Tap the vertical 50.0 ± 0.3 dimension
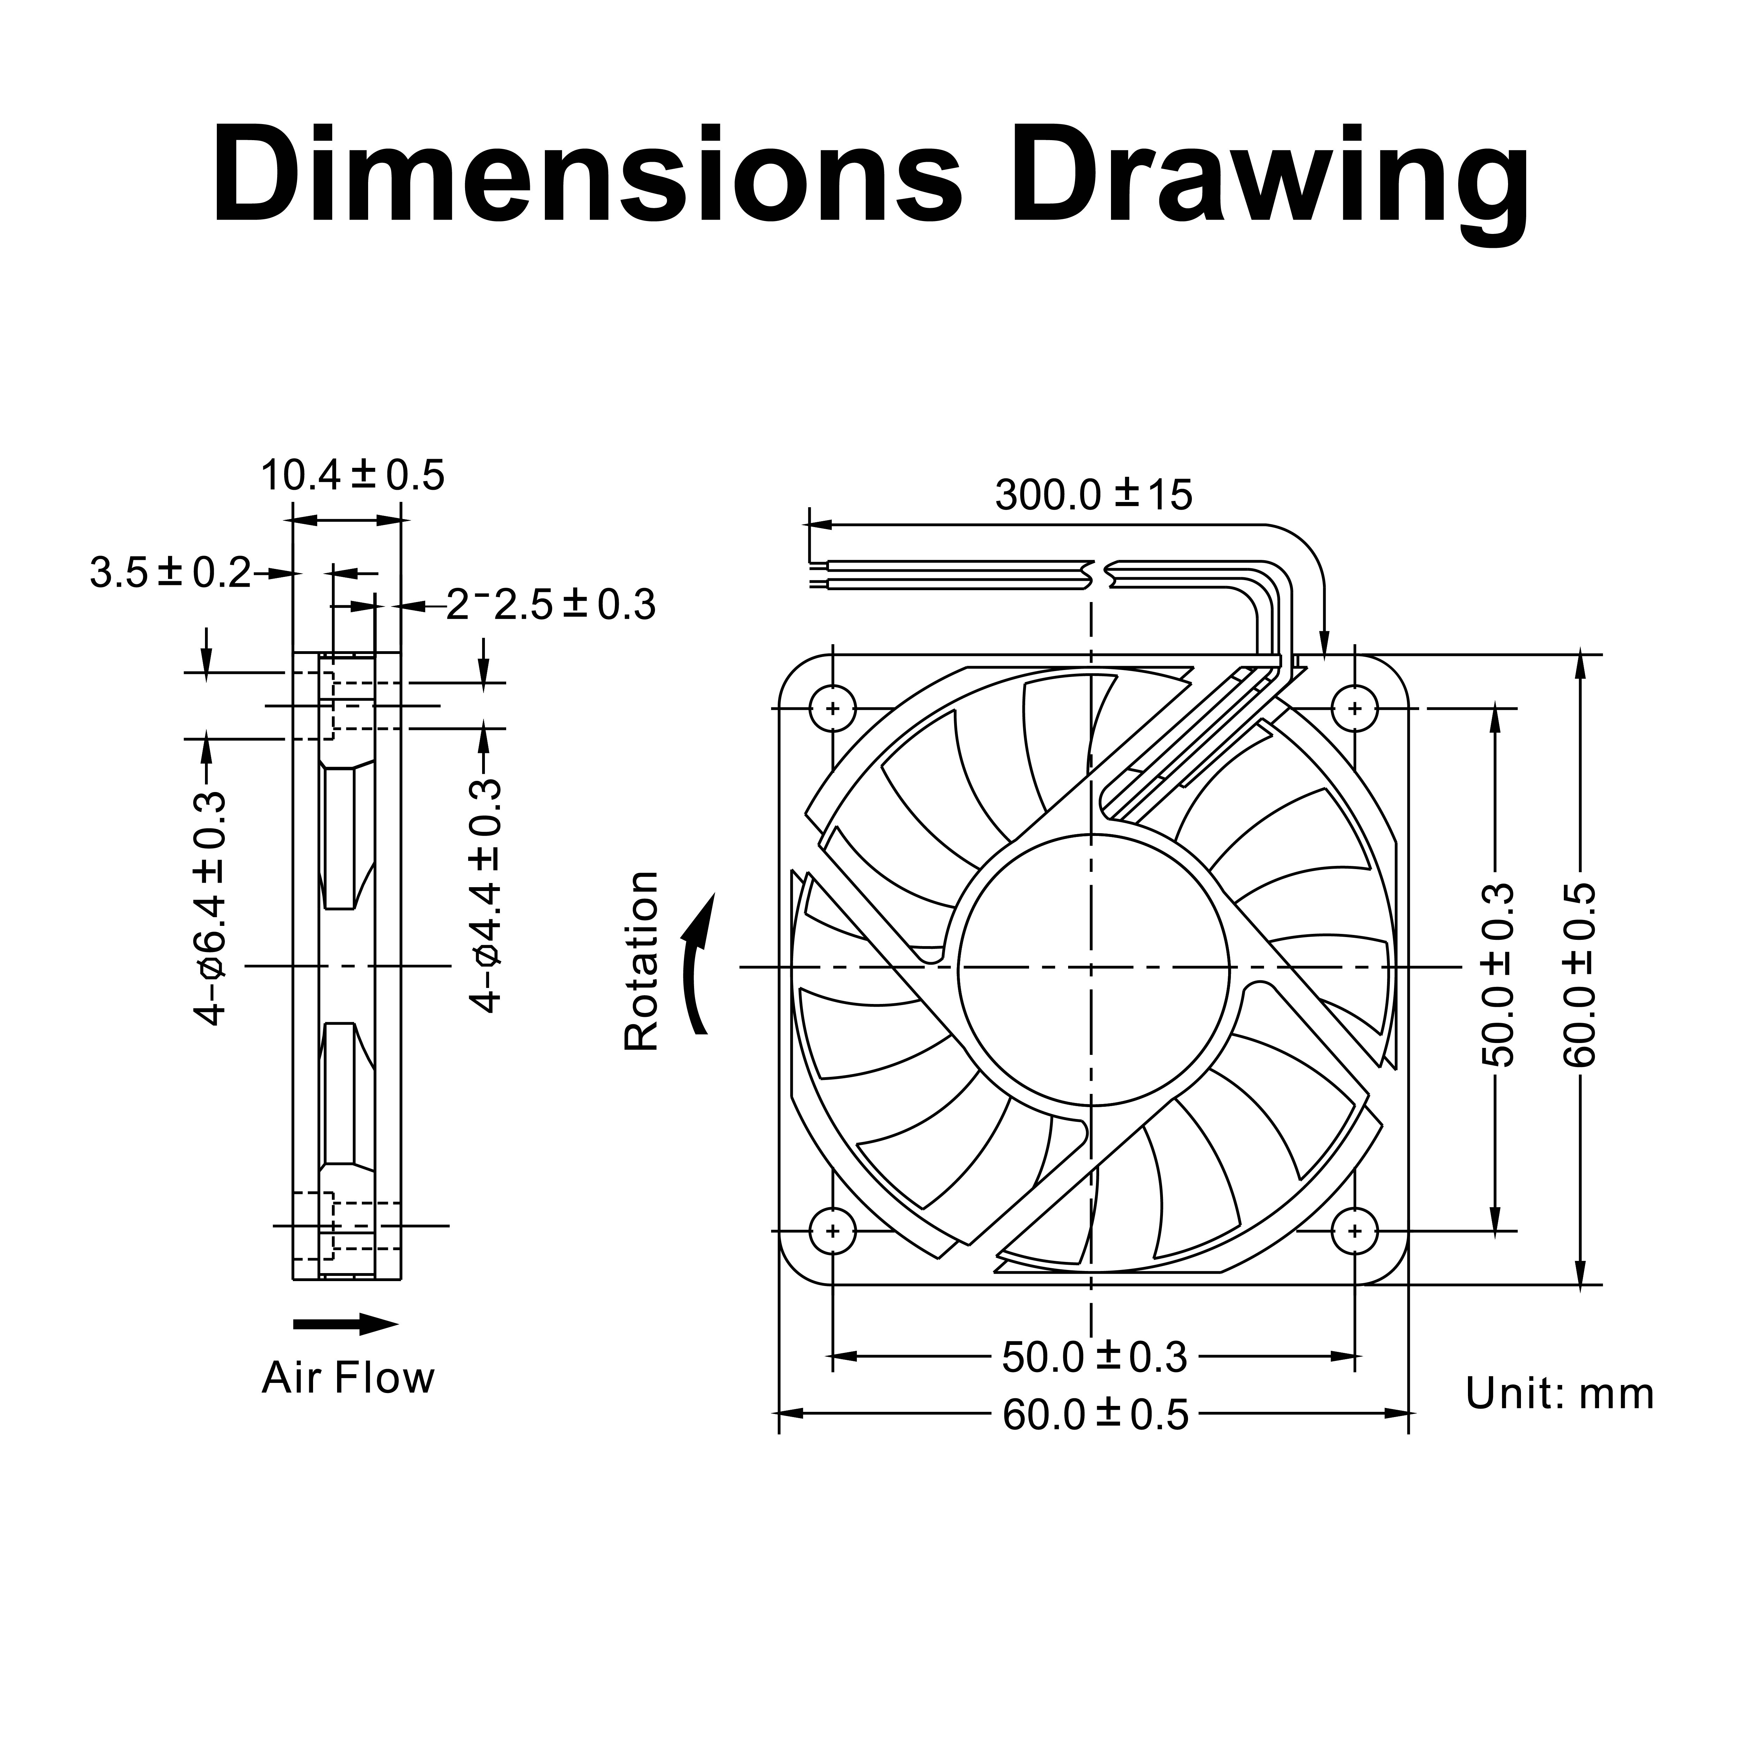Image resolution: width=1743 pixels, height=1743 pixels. (1498, 974)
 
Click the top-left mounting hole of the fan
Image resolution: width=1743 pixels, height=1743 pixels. (833, 707)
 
